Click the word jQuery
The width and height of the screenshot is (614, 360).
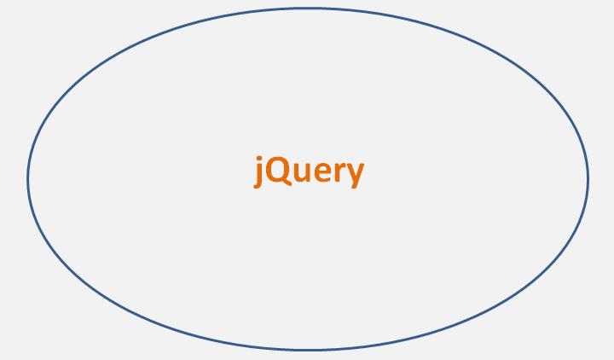(309, 171)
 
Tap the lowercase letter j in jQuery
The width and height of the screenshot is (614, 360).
(260, 173)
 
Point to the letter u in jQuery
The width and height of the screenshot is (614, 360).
(303, 173)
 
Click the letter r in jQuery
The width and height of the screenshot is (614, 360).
(339, 173)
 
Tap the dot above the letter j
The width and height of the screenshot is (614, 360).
(261, 157)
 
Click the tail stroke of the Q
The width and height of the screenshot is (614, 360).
(287, 185)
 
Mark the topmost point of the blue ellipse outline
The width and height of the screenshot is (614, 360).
(308, 9)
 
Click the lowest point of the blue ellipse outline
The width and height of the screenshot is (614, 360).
(308, 350)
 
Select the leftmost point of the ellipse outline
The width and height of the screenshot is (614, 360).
(28, 179)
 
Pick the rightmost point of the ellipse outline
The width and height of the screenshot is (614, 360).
(588, 179)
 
